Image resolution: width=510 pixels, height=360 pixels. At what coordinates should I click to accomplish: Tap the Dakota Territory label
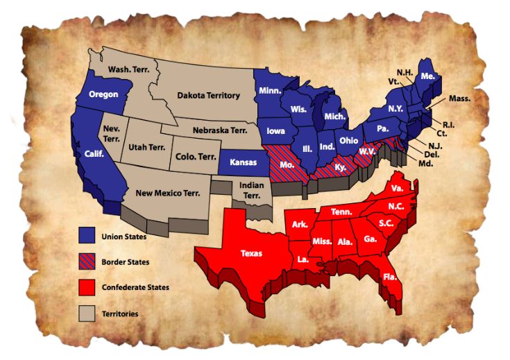(x=208, y=96)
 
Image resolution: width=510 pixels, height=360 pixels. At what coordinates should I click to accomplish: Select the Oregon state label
(x=103, y=94)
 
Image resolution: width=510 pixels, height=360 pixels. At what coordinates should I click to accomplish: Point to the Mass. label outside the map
(x=460, y=98)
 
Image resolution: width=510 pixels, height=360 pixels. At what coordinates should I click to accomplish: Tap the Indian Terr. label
(x=251, y=190)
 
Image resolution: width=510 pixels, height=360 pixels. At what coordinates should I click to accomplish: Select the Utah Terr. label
(x=146, y=147)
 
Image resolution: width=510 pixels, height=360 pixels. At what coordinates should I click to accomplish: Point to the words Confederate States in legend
(x=136, y=287)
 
